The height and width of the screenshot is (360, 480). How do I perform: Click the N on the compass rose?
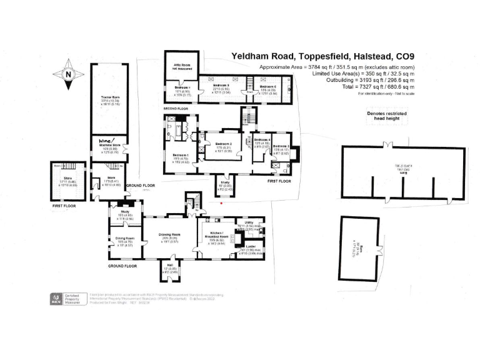click(x=67, y=74)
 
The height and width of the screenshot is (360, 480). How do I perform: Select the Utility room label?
click(x=248, y=222)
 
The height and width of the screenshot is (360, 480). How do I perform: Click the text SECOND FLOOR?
click(x=175, y=109)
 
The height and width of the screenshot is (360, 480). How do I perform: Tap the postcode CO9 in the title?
click(x=402, y=56)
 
